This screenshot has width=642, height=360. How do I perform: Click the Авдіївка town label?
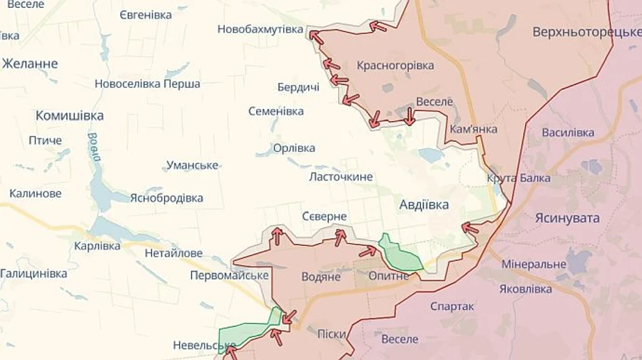(x=424, y=205)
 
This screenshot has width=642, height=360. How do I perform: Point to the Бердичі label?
(x=298, y=87)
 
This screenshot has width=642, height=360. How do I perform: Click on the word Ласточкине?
(x=341, y=177)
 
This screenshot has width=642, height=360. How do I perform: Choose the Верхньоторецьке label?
(x=586, y=33)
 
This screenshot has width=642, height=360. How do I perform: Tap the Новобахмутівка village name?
(x=260, y=29)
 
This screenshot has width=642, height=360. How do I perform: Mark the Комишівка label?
(x=69, y=115)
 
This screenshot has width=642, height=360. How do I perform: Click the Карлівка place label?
(x=97, y=246)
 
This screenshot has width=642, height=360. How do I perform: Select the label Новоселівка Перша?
(x=147, y=84)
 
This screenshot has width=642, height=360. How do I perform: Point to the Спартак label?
(x=452, y=307)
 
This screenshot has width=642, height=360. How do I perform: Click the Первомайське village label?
(x=229, y=275)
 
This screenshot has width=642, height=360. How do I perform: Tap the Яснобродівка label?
(x=166, y=198)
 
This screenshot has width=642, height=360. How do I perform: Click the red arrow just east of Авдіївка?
(x=470, y=228)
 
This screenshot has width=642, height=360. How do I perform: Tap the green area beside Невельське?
(x=246, y=329)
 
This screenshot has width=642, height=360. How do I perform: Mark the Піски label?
(x=332, y=334)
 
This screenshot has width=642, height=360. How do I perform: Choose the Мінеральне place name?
(x=534, y=264)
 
